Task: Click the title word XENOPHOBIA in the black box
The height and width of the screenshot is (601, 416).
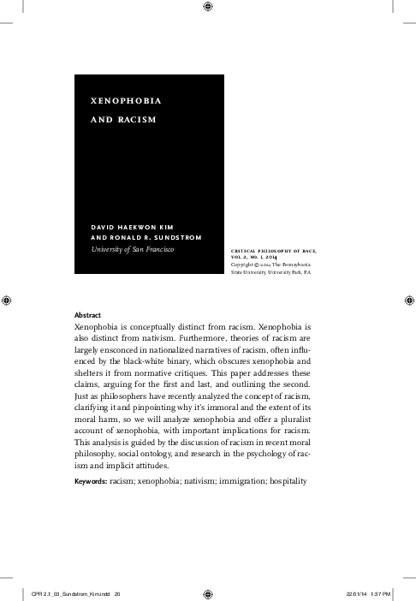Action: click(126, 100)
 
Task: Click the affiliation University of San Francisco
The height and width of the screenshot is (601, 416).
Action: click(132, 249)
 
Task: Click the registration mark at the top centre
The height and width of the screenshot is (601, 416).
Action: click(208, 8)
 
